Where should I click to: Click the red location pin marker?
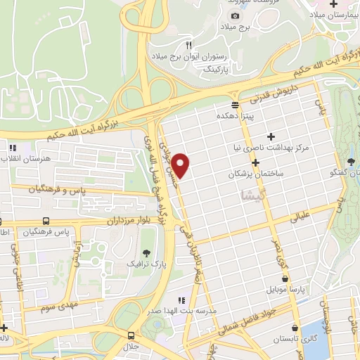[181, 165]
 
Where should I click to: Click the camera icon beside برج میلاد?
[234, 15]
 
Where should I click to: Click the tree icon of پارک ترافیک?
[146, 252]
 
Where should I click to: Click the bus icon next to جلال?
[131, 335]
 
